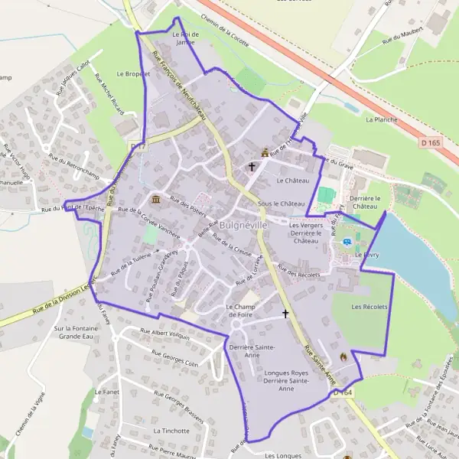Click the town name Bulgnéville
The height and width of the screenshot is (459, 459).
(243, 226)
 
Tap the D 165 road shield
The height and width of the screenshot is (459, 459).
(431, 142)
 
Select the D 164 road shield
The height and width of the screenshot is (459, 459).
(342, 392)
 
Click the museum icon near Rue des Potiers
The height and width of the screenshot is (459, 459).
(155, 200)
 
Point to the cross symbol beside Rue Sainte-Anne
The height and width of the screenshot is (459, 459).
(286, 314)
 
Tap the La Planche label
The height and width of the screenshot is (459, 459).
(381, 120)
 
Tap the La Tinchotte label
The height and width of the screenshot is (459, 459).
(171, 431)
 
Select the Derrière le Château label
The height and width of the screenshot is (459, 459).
(364, 203)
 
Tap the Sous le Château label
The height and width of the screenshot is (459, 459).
(281, 204)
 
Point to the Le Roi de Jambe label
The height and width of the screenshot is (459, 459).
(185, 39)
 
